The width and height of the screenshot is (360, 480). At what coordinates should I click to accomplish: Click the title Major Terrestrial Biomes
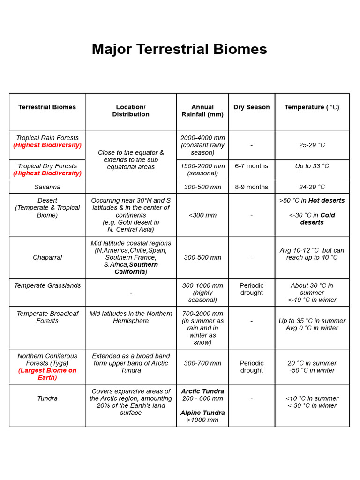180,49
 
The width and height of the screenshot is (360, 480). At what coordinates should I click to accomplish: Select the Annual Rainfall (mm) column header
202,111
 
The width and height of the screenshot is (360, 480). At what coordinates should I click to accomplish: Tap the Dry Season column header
252,107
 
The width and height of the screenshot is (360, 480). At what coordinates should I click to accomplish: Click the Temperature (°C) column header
312,107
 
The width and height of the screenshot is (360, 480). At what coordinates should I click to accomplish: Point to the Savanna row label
47,187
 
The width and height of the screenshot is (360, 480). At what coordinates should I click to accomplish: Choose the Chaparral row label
47,258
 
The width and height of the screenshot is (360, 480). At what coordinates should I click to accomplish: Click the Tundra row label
47,398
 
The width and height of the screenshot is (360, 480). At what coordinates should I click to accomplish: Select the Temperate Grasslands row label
47,286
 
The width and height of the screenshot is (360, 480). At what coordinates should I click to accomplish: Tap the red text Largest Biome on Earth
47,374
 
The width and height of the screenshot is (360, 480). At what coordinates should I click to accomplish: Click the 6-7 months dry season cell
252,166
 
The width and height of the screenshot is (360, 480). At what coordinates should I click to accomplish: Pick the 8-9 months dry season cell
252,187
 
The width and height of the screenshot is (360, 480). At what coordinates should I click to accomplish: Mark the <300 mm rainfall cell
202,215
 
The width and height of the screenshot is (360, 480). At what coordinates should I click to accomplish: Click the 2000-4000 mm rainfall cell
202,138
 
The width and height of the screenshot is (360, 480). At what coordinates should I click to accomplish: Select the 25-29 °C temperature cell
312,145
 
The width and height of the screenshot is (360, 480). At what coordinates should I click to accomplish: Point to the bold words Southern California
136,268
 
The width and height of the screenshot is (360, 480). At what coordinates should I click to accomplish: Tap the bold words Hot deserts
326,201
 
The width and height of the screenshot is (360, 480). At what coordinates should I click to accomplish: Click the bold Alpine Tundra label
202,413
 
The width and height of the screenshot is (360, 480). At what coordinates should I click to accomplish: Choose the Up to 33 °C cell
312,166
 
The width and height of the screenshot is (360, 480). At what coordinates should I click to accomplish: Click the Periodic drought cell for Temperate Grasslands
252,289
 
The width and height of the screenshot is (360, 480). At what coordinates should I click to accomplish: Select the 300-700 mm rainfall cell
202,363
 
